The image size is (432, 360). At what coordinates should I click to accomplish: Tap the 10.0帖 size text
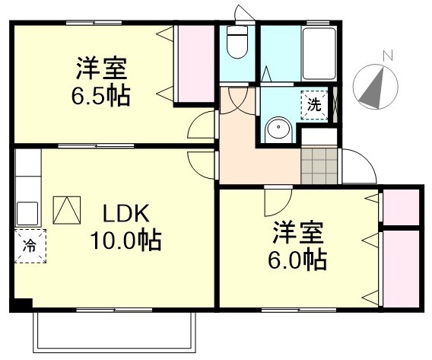126,241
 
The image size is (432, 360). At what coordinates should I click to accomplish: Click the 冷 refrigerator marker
29,245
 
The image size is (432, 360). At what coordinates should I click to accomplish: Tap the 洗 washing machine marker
314,105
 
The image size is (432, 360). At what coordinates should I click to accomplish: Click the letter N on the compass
387,55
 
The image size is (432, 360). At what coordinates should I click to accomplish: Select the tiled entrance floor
319,165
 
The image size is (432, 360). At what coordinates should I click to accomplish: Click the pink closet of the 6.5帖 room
195,65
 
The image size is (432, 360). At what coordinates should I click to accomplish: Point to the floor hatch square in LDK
66,209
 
